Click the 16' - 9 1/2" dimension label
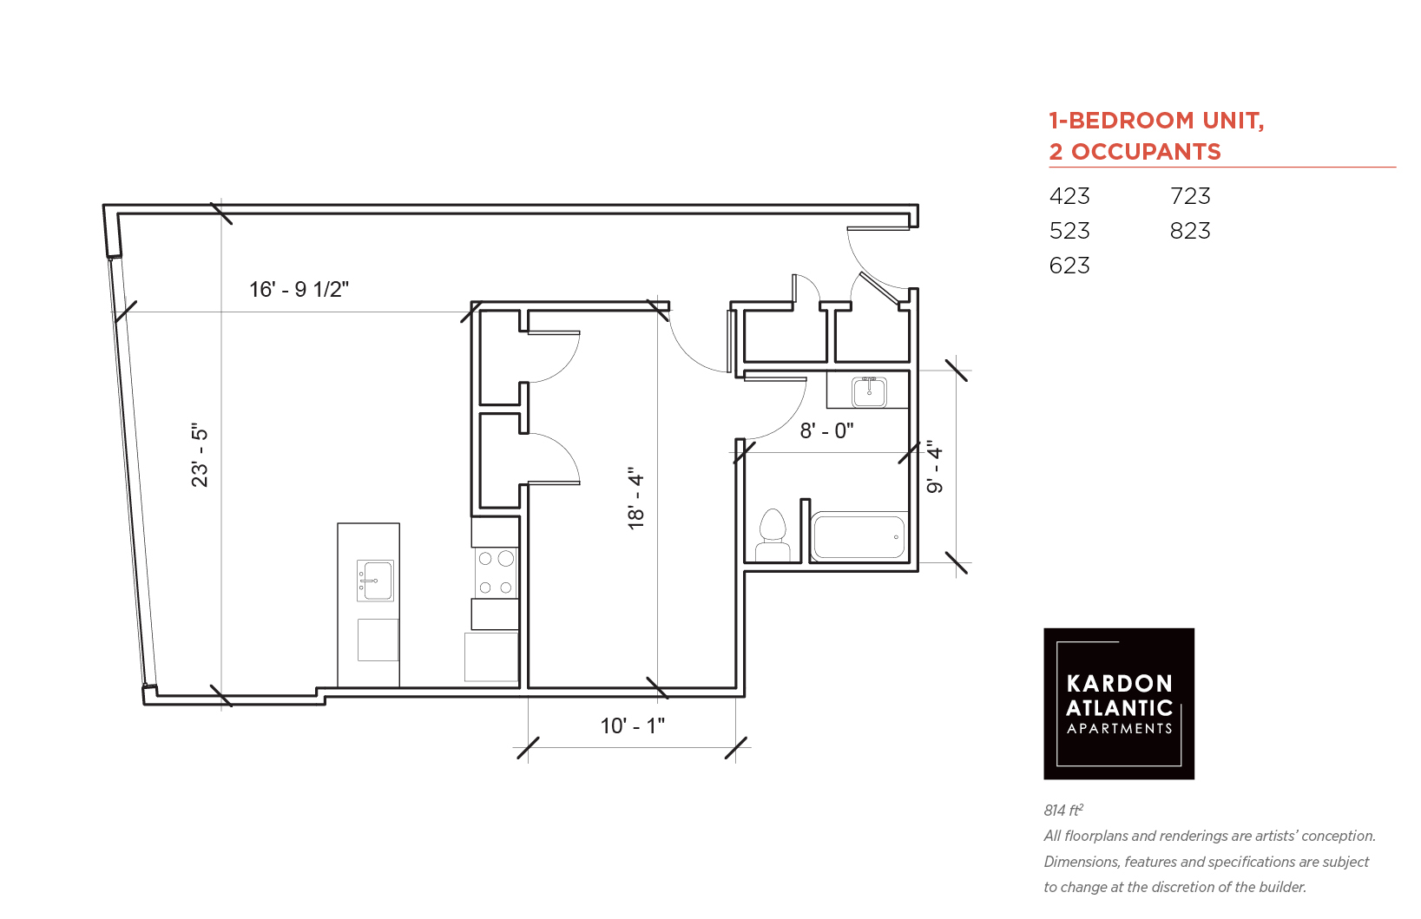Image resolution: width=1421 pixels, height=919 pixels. point(299,289)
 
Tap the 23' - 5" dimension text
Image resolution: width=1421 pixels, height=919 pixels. point(200,455)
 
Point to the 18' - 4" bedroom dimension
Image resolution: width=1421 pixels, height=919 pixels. point(635,498)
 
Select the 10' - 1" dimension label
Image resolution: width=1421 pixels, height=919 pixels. point(633,725)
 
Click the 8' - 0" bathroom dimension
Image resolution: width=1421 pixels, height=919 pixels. point(826,431)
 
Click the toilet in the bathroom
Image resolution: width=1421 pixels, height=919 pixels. point(773,535)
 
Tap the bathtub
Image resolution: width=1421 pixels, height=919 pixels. point(859,537)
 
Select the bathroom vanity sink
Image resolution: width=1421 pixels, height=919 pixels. point(868,391)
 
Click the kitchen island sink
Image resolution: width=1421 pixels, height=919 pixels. point(375,581)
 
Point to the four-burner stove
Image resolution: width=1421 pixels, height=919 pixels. point(496,573)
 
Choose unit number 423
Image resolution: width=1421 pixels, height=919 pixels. point(1069,196)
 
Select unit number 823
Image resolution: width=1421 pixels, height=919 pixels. point(1190,231)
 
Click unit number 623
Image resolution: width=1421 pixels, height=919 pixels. point(1069,265)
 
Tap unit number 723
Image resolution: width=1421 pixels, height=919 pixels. point(1190,196)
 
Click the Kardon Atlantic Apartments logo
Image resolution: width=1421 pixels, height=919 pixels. point(1119,704)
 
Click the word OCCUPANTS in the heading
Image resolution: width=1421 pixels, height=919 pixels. point(1146,152)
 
